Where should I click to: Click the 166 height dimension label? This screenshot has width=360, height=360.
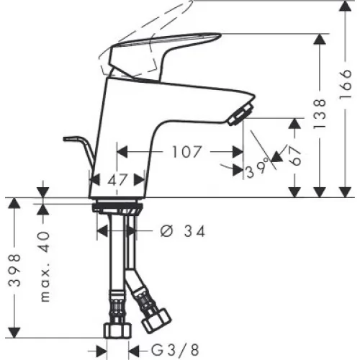tap(346, 85)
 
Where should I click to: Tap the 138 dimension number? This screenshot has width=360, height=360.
tap(320, 113)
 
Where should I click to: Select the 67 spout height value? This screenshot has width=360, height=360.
tap(294, 156)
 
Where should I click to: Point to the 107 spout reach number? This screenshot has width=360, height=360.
tap(186, 152)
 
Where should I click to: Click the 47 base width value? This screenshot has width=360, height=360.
tap(117, 180)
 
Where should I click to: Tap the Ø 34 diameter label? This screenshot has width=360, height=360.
tap(183, 232)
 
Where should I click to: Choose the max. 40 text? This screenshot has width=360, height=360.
tap(45, 266)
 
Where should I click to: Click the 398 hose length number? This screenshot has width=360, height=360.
tap(14, 271)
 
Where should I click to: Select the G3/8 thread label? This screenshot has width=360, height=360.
tap(175, 350)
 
